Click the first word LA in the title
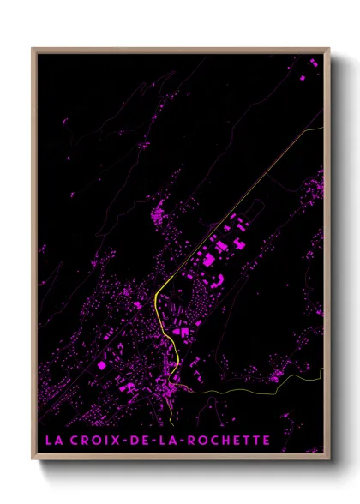click(x=53, y=441)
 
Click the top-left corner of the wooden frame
click(x=33, y=49)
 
